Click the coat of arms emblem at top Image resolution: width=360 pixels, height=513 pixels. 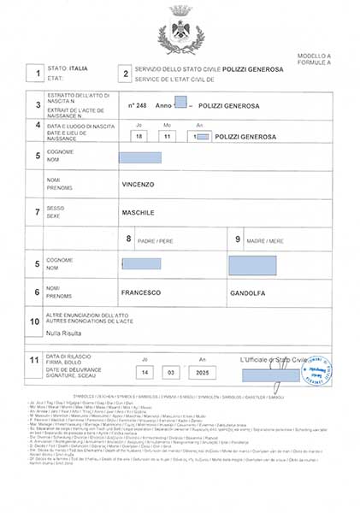tap(180, 32)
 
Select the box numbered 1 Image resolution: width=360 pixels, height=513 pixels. tap(36, 74)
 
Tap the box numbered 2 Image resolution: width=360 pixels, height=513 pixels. tap(126, 74)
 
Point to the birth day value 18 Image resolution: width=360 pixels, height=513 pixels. tap(140, 137)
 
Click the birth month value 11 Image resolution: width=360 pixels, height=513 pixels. tap(170, 137)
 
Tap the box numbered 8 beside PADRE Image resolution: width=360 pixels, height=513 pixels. tap(129, 239)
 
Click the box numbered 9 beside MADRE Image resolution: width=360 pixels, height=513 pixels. tap(239, 239)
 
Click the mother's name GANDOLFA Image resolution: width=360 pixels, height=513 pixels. tap(248, 292)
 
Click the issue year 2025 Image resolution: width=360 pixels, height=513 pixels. tap(202, 374)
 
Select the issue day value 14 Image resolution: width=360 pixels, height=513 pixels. tap(145, 374)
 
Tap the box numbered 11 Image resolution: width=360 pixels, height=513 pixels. tap(35, 361)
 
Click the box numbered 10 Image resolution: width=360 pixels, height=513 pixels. tap(35, 321)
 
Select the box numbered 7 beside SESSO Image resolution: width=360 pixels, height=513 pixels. tap(36, 211)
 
